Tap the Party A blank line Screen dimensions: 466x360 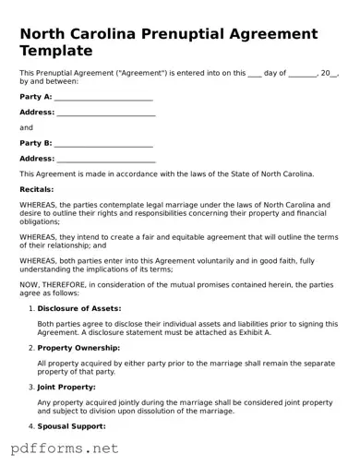coord(104,97)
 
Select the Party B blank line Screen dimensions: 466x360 coord(104,144)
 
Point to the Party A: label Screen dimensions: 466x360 coord(35,97)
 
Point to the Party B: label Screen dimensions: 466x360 coord(35,144)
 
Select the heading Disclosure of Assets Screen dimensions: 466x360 coord(79,307)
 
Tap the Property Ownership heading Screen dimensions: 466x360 coord(78,347)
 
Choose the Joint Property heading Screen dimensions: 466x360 coord(66,387)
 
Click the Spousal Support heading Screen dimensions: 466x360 coord(72,426)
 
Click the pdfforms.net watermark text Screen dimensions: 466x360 coord(64,448)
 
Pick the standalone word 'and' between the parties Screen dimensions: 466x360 coord(26,128)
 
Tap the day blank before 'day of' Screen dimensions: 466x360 coord(255,72)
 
